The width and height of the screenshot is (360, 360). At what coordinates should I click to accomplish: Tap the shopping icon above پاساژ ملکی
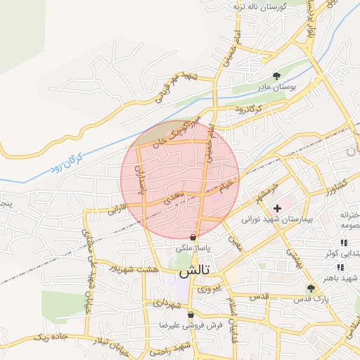point(193,238)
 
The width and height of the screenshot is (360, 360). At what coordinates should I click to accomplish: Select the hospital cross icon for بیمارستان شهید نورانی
point(277,208)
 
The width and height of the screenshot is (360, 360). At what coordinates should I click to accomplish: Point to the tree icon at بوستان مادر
point(276,77)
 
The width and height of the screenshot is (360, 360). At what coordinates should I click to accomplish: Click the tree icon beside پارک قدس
point(311,288)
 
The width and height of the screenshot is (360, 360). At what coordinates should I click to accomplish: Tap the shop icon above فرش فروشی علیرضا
point(190,315)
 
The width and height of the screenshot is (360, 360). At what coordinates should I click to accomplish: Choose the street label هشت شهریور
point(134,269)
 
